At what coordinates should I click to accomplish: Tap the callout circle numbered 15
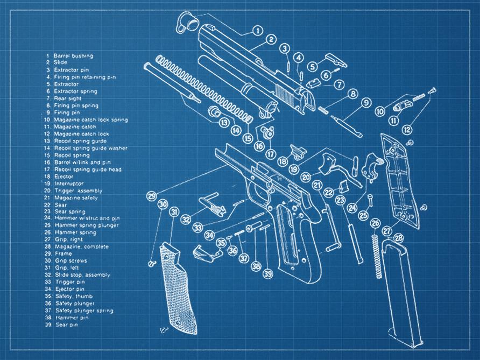click(x=247, y=138)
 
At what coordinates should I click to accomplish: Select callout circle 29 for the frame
click(x=152, y=195)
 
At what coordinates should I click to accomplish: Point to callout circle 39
click(x=268, y=274)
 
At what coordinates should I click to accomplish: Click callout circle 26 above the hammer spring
click(x=375, y=223)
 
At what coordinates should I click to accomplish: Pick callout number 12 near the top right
click(x=407, y=130)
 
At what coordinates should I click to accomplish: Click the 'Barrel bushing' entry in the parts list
click(x=73, y=55)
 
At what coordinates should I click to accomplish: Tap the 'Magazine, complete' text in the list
click(x=81, y=246)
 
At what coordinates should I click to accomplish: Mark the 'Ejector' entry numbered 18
click(x=63, y=176)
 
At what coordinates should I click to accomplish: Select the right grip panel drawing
click(x=399, y=178)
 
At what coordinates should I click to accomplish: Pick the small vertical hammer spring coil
click(x=377, y=253)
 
